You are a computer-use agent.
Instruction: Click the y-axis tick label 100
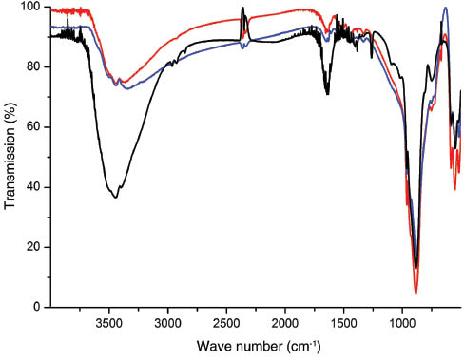[32, 8]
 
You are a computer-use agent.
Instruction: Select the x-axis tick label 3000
[167, 320]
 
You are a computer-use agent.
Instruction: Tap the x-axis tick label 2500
[226, 320]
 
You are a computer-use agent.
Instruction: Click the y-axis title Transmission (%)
[10, 157]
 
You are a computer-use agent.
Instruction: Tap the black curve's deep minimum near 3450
[115, 197]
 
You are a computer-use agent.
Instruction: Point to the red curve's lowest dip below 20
[416, 294]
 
